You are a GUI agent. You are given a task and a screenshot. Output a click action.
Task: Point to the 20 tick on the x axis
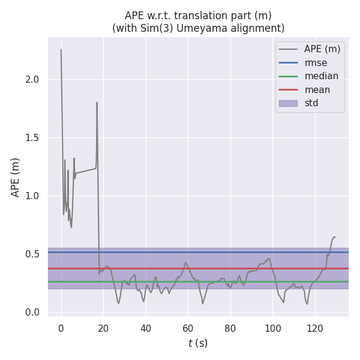coord(103,328)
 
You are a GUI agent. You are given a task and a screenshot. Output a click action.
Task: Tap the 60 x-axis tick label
coord(188,328)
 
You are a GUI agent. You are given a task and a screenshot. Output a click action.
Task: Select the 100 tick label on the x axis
coord(272,328)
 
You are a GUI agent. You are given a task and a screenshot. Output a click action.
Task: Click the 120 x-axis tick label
coord(315,328)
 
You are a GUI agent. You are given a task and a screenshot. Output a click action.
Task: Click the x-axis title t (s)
coord(198,343)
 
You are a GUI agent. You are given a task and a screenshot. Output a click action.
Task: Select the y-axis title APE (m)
coord(16,177)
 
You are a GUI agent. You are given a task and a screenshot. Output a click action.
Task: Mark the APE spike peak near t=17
coord(97,103)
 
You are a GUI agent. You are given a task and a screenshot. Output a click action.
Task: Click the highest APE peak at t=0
coord(61,50)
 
